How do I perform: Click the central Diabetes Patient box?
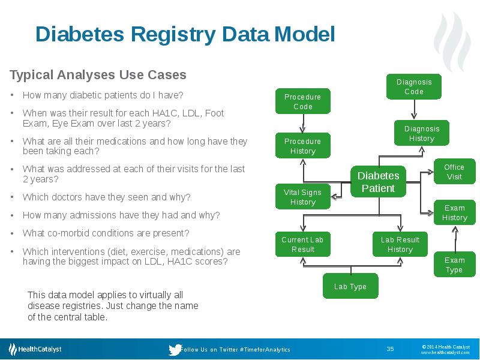pos(378,182)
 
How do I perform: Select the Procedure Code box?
pos(302,101)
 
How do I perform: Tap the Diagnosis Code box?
pos(414,86)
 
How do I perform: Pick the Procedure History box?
pos(302,146)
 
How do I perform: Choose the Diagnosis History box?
pos(422,133)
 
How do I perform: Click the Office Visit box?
pos(454,172)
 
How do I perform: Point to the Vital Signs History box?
pos(302,197)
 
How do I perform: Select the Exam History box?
pos(454,213)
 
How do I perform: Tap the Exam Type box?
pos(454,265)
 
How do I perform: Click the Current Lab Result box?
pos(302,244)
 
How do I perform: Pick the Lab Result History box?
pos(400,244)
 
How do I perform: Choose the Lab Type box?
pos(350,286)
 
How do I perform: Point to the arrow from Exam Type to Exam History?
pos(455,239)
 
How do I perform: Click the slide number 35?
pos(390,349)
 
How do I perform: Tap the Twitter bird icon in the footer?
pos(175,349)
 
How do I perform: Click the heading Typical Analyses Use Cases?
pos(98,75)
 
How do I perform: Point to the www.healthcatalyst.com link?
pos(445,353)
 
